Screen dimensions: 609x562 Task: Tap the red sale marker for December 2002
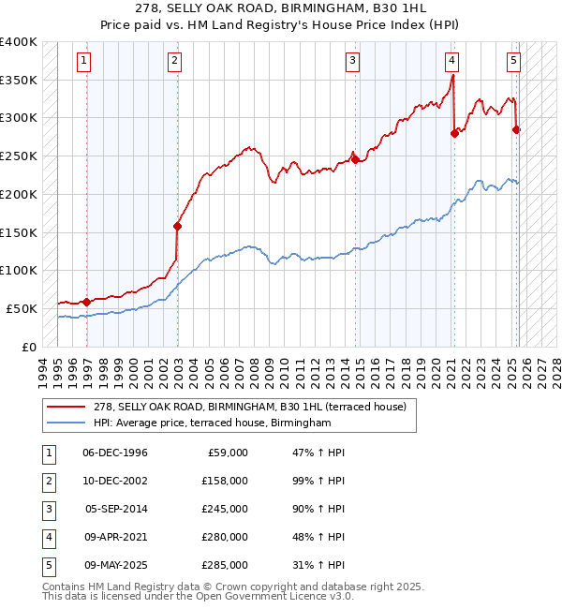coord(177,226)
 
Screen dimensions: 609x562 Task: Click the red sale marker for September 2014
coord(356,159)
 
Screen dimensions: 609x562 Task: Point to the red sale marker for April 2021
coord(454,133)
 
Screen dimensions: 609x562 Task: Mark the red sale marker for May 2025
coord(516,129)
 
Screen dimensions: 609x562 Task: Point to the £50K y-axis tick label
coord(22,308)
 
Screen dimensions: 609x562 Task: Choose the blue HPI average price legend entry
coord(212,423)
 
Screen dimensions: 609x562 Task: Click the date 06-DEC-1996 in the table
coord(114,453)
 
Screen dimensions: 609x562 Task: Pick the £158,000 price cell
coord(225,481)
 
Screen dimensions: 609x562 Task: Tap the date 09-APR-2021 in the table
coord(115,537)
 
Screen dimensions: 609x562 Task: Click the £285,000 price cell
coord(225,565)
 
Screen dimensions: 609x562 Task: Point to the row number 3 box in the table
coord(47,509)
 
